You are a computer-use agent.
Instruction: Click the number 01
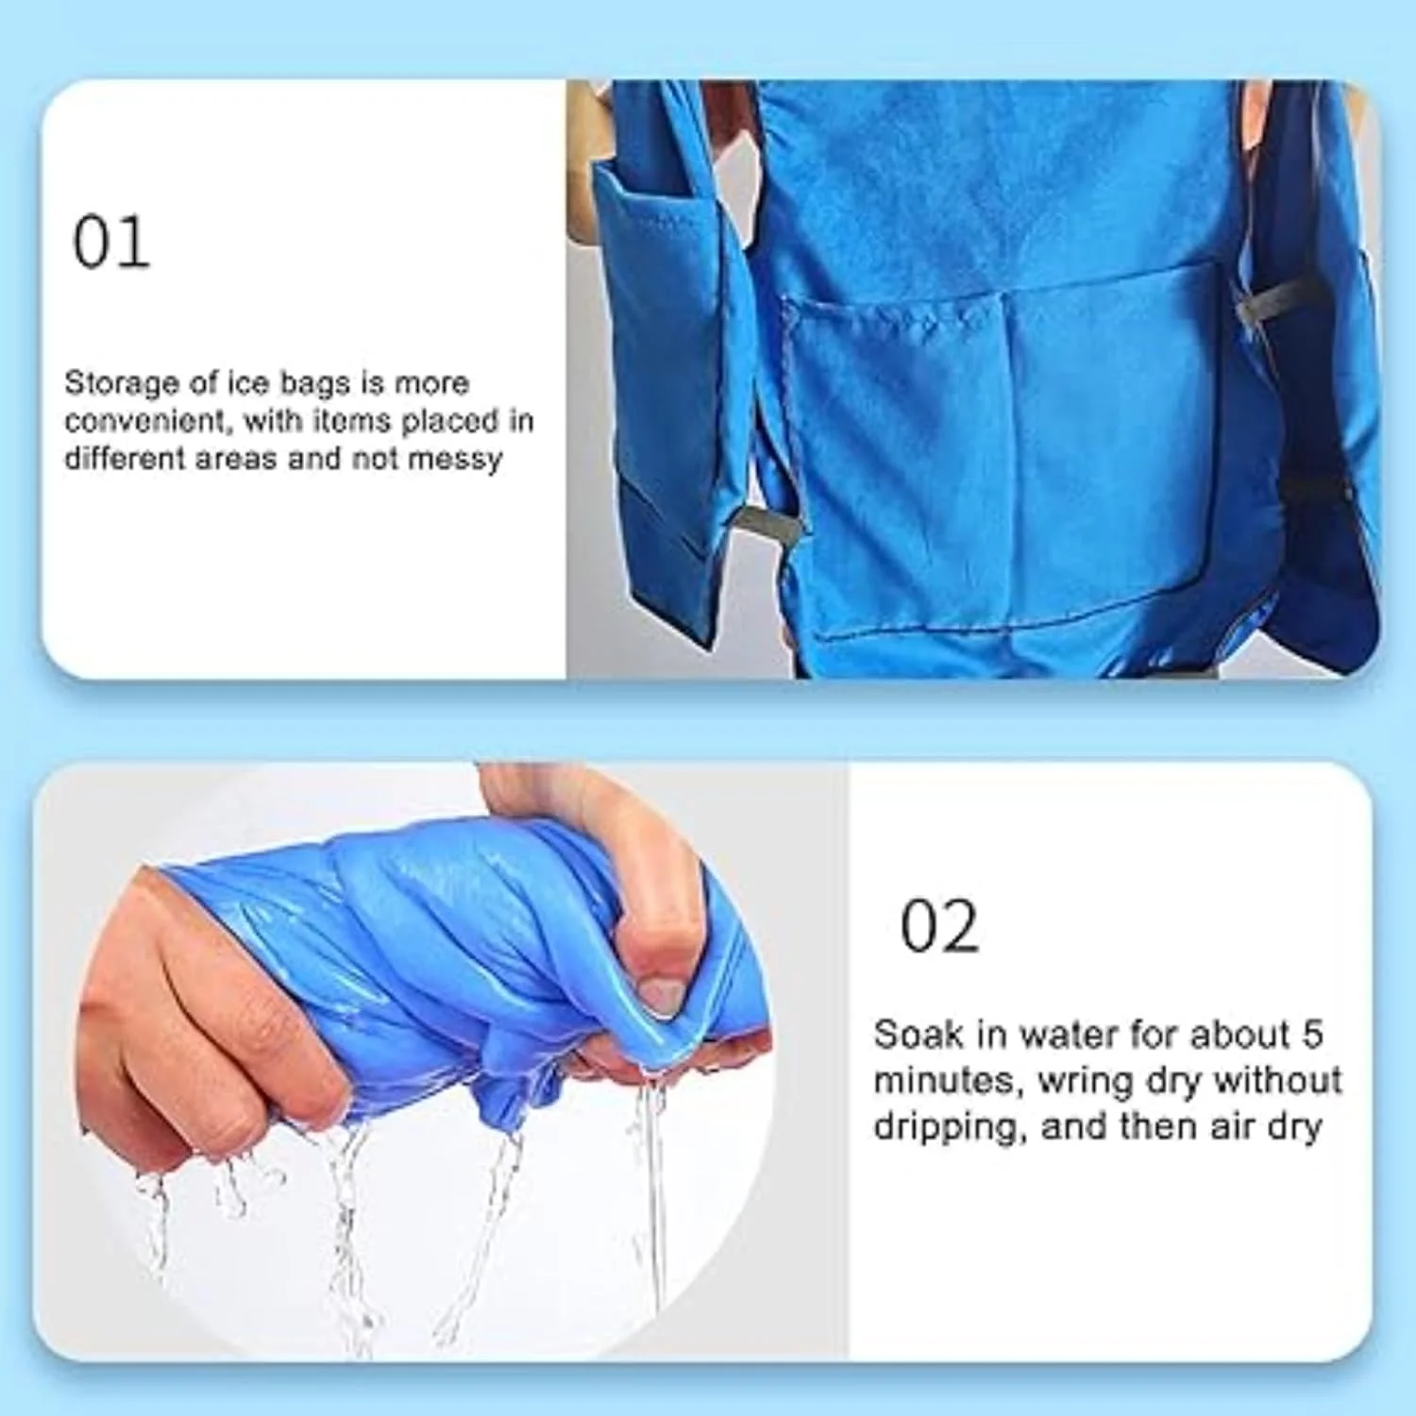pos(111,243)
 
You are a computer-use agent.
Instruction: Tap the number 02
pos(938,926)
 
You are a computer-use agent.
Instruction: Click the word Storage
pos(122,384)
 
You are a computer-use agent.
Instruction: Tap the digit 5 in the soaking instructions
pos(1312,1035)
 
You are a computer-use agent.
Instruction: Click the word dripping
pos(950,1128)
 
